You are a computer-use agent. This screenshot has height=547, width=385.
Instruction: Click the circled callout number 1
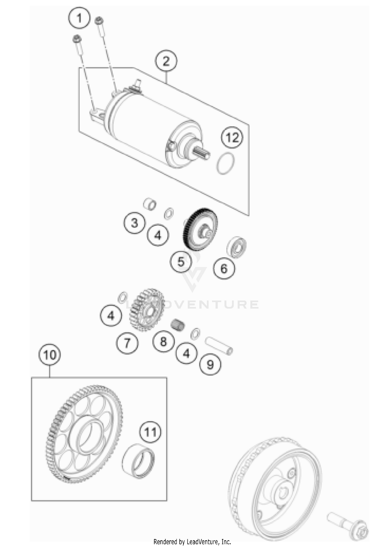(79, 18)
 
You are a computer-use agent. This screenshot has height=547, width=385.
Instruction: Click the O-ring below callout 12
(226, 163)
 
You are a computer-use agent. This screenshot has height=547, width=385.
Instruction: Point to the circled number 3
(134, 223)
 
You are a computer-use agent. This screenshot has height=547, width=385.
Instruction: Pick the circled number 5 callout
(181, 262)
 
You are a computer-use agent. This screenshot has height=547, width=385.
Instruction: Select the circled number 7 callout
(127, 343)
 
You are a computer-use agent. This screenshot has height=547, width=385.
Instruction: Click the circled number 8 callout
(163, 342)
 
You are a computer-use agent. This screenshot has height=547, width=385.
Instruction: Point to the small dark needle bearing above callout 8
(178, 325)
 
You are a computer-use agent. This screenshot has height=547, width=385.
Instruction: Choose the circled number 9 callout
(210, 364)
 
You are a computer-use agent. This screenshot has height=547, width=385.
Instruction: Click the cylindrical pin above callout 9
(219, 346)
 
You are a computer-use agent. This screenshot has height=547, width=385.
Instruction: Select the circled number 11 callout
(150, 432)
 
